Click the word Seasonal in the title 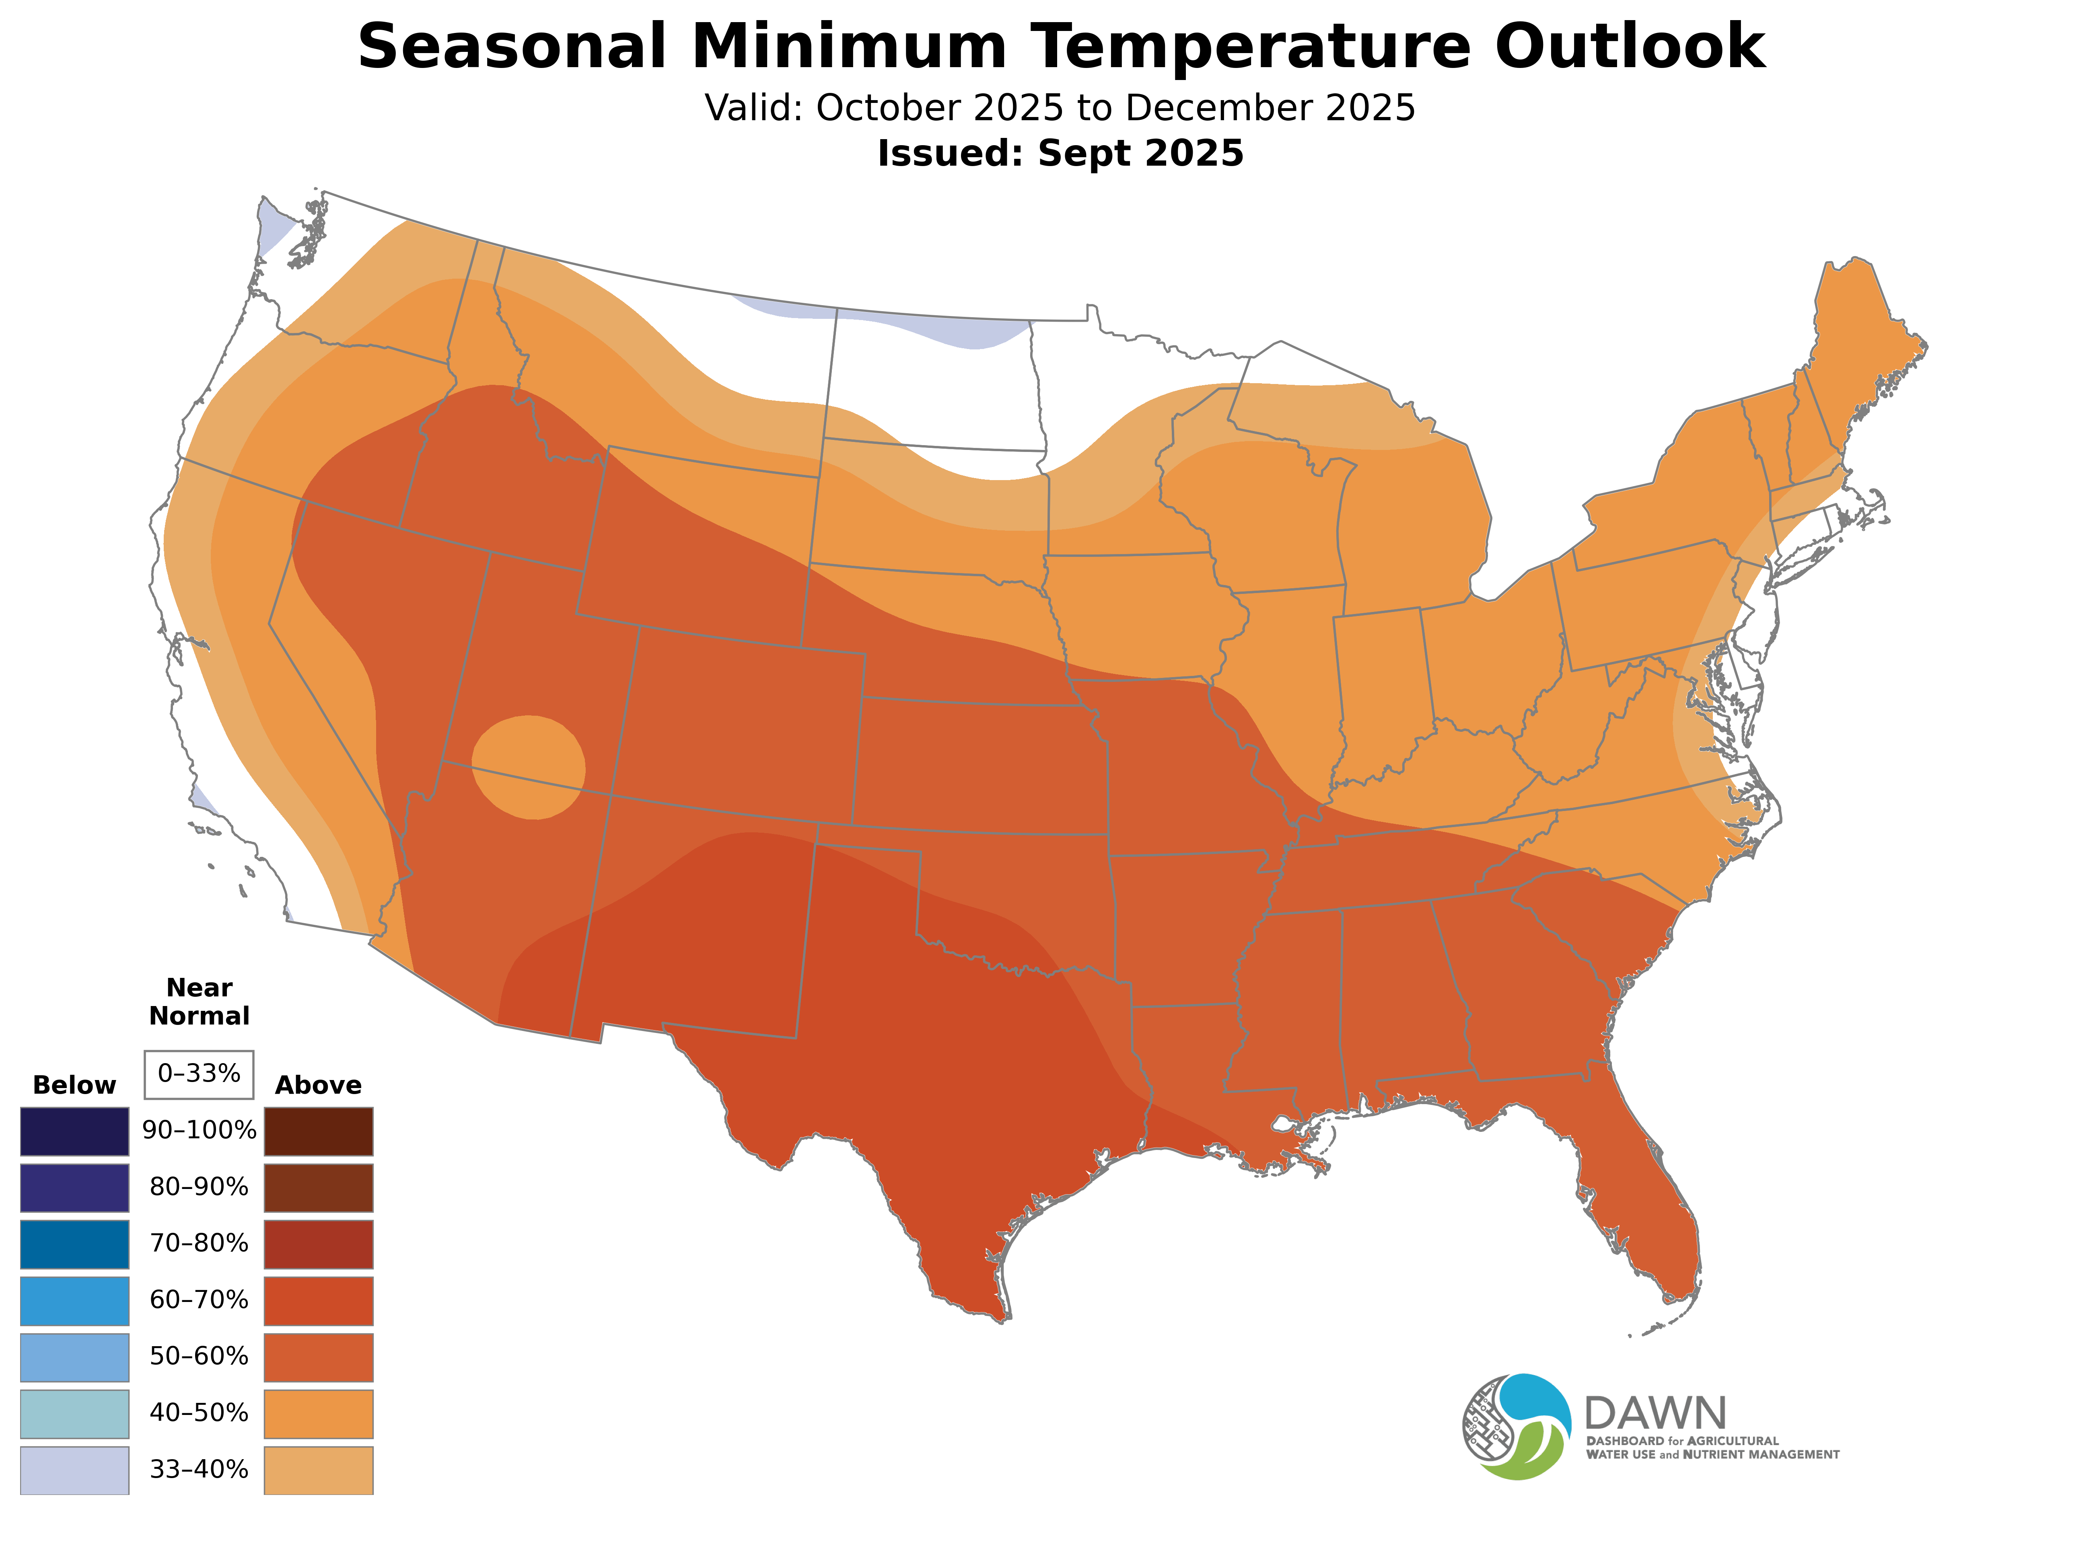[512, 47]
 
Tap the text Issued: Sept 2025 [1060, 153]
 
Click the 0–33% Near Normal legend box [199, 1074]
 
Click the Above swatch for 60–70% [319, 1300]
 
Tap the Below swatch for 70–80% [75, 1243]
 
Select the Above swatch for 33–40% [319, 1469]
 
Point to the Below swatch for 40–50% [75, 1413]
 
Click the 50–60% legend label [199, 1356]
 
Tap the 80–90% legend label [199, 1187]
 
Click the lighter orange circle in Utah [529, 767]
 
